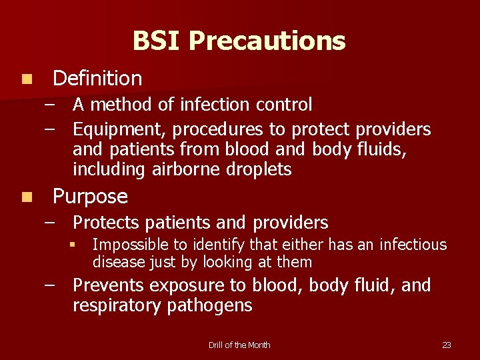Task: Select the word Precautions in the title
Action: (x=267, y=41)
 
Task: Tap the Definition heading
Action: (x=97, y=79)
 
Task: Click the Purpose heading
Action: (x=90, y=197)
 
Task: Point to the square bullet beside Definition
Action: (x=25, y=79)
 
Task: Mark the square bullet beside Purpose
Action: (x=25, y=197)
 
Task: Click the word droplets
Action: (x=259, y=169)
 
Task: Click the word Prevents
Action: (x=109, y=285)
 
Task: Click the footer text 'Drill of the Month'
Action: (x=239, y=345)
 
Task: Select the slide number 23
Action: (x=447, y=345)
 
